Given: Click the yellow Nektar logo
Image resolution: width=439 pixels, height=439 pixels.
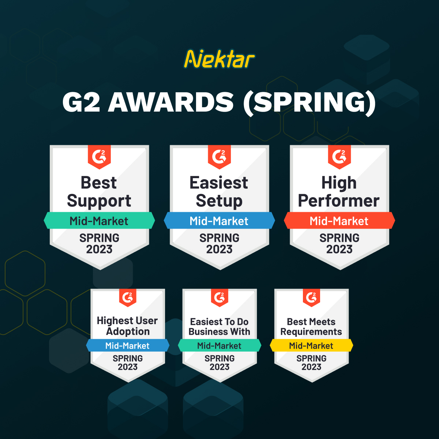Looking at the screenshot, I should (x=219, y=59).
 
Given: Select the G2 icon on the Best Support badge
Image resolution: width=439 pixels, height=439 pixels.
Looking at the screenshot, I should (x=99, y=157).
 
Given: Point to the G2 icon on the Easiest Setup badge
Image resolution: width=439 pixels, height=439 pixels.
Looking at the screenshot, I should (x=219, y=157).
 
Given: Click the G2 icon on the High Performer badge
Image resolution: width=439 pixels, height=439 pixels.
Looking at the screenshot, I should (x=339, y=157).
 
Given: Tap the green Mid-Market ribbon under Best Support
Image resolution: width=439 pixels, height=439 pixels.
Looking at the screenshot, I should (x=99, y=221).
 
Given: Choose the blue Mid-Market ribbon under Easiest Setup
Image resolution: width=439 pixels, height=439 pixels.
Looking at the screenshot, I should (x=219, y=221).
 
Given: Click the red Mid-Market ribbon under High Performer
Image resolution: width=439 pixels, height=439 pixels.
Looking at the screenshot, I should (x=339, y=221).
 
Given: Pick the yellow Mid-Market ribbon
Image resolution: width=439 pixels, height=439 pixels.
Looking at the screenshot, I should (x=311, y=345).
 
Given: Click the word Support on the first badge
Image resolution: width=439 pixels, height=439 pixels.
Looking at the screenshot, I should (x=99, y=201).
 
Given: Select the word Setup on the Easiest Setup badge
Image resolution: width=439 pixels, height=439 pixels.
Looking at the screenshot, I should (x=219, y=201).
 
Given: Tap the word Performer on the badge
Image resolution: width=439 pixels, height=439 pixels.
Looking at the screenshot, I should (x=339, y=201).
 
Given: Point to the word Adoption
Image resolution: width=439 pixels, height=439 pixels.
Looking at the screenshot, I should (x=128, y=331).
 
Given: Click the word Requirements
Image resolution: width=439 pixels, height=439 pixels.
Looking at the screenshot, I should (x=311, y=332).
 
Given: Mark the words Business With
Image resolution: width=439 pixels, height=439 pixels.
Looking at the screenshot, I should (x=219, y=332).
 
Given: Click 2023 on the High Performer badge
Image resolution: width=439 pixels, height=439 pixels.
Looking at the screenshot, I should (x=339, y=249).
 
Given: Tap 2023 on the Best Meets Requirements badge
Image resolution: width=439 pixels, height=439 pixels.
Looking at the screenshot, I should (x=311, y=367).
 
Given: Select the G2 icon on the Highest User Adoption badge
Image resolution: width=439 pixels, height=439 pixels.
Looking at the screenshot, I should (x=128, y=297).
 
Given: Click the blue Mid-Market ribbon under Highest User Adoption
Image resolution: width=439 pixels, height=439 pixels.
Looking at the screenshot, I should (x=128, y=345).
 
